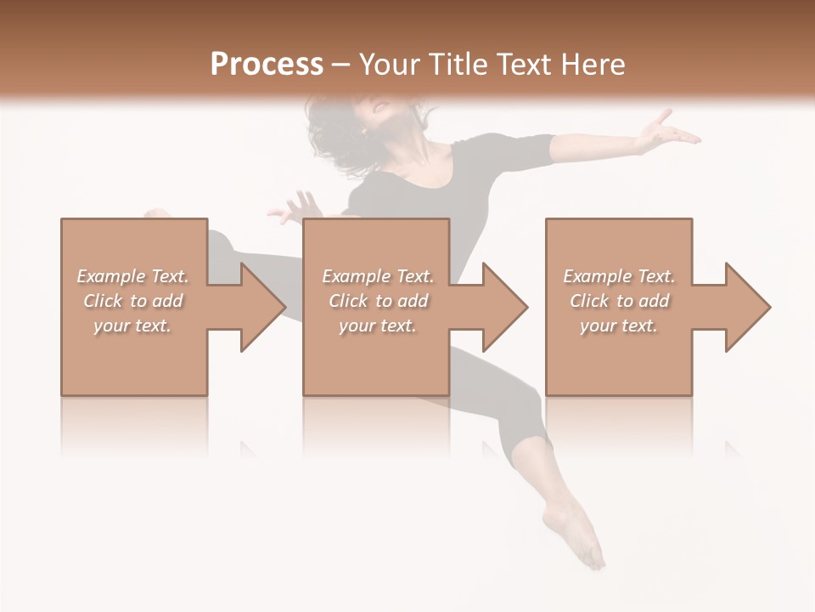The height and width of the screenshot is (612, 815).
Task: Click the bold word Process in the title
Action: (267, 65)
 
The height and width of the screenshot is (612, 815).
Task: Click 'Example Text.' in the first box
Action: (132, 276)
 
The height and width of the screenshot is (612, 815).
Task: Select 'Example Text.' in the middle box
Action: (377, 276)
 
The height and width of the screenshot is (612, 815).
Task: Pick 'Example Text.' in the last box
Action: (619, 276)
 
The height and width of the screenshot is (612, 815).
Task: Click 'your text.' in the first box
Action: (132, 326)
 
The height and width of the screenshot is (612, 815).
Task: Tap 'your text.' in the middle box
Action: (377, 326)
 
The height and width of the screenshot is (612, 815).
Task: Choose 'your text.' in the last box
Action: (619, 326)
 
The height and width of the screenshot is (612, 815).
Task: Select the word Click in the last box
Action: (589, 301)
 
